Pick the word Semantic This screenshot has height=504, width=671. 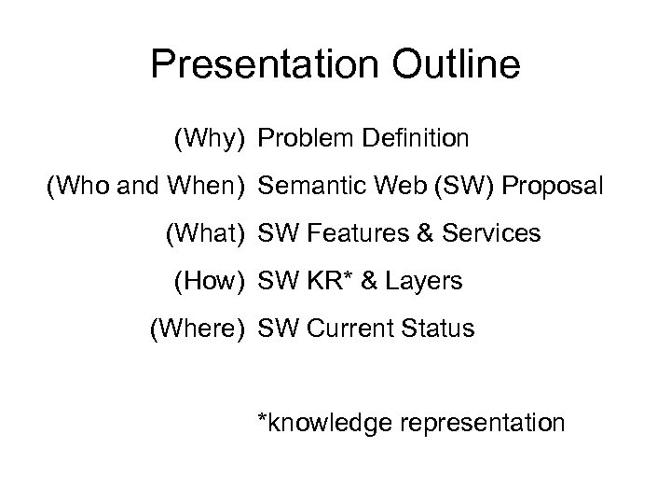click(308, 187)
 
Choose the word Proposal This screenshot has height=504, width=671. click(554, 187)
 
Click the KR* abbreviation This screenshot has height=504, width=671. click(323, 281)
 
